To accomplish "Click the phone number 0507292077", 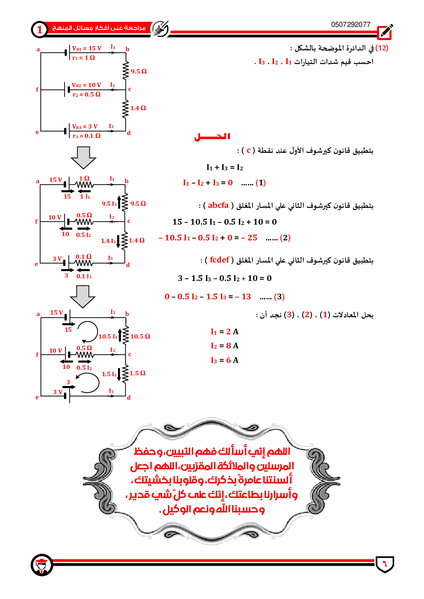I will [350, 24].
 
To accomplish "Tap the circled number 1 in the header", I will [40, 29].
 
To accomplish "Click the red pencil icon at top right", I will [385, 32].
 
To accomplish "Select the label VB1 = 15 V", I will [87, 48].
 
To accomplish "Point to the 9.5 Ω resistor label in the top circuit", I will [138, 71].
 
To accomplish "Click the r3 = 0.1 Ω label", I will [86, 136].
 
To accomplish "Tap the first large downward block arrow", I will [83, 158].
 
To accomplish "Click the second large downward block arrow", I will [82, 296].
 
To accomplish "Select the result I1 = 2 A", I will [224, 332].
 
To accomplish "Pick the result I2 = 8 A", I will [224, 346].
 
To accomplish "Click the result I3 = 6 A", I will [224, 360].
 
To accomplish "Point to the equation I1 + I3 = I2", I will [224, 167].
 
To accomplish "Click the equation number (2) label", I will [285, 238].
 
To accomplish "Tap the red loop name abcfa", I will [218, 205].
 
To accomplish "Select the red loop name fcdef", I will [220, 260].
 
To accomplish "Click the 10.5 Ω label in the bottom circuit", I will [140, 336].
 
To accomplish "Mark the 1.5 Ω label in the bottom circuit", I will [137, 373].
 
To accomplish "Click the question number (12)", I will [382, 48].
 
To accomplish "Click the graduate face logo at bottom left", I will [42, 565].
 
